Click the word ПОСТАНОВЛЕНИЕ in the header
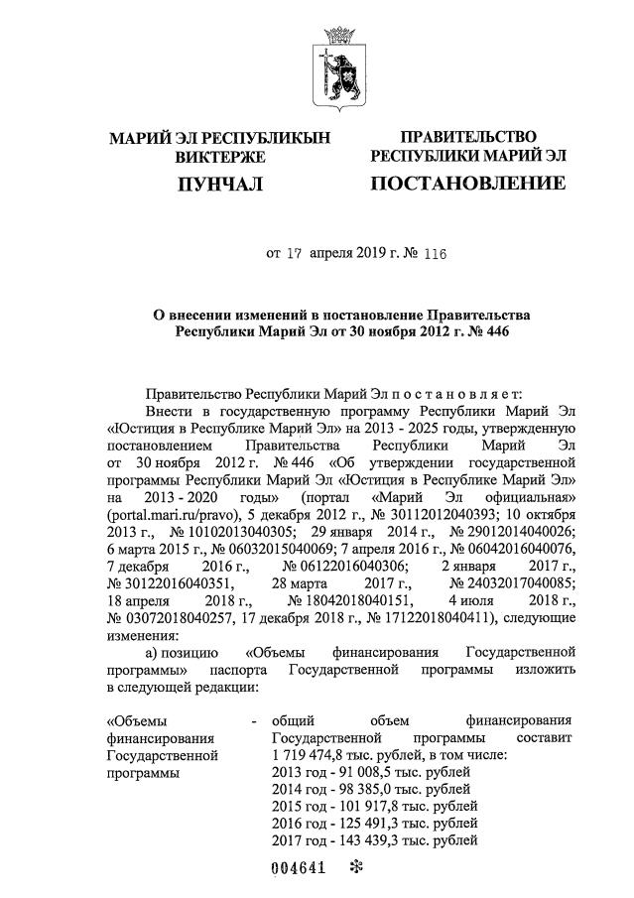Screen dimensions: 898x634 pyautogui.click(x=467, y=183)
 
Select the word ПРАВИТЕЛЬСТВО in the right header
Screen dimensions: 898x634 pyautogui.click(x=467, y=136)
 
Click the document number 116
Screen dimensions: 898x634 pyautogui.click(x=434, y=253)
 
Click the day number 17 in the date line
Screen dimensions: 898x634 pyautogui.click(x=293, y=253)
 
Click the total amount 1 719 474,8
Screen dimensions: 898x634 pyautogui.click(x=314, y=756)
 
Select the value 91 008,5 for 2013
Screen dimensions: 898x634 pyautogui.click(x=358, y=773)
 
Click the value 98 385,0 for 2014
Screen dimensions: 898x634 pyautogui.click(x=358, y=790)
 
